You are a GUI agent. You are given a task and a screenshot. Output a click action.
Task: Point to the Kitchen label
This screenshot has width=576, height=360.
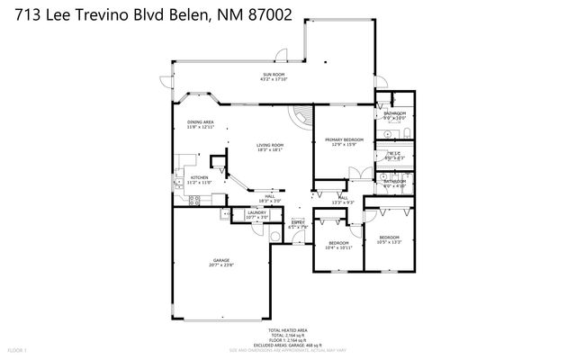click(199, 177)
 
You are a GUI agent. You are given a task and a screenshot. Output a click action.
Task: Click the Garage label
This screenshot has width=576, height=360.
click(221, 260)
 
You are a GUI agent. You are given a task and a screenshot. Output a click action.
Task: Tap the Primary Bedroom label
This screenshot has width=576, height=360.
click(345, 139)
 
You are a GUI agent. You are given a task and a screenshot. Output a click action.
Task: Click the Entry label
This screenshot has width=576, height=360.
click(298, 222)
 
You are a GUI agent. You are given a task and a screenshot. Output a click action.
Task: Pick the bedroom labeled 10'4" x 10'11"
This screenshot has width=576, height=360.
click(338, 247)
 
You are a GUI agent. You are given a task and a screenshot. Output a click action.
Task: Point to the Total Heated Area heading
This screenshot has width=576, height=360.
click(287, 330)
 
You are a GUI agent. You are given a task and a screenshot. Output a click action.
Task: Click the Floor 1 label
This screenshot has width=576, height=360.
click(18, 348)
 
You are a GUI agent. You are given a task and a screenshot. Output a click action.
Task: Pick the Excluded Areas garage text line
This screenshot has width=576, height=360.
click(288, 344)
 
